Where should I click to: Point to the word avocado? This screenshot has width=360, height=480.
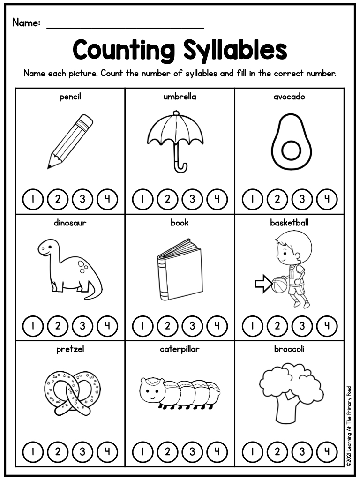[289, 97]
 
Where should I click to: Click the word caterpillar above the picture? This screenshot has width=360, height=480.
[180, 349]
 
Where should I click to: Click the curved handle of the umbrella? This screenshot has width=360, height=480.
[181, 166]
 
